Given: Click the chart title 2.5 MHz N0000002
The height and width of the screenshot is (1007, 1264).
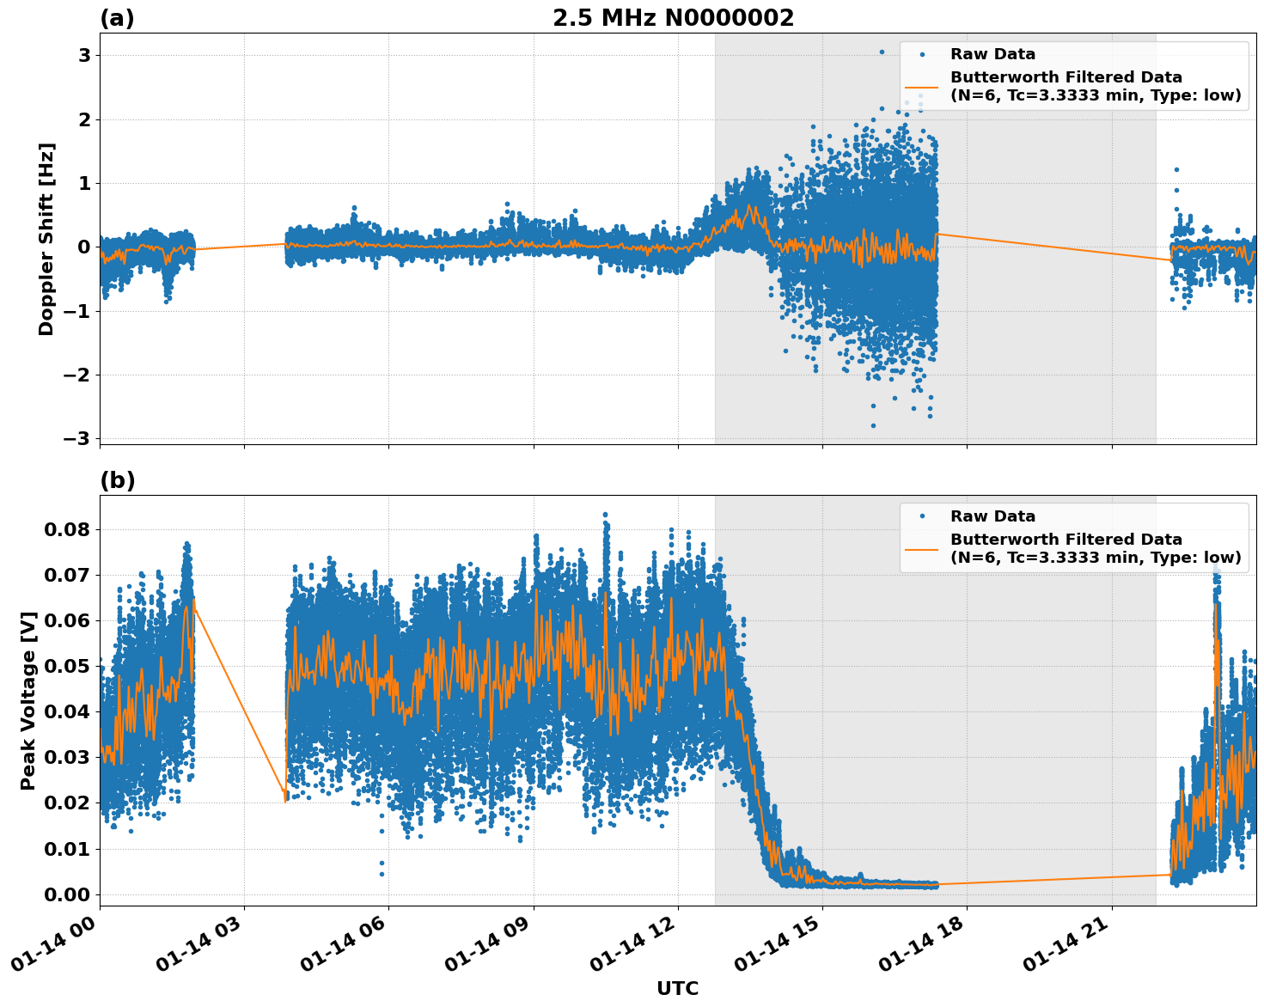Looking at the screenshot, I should [673, 18].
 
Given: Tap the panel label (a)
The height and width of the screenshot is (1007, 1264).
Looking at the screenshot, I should [117, 18].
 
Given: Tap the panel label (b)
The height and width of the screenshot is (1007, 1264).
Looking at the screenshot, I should [118, 480].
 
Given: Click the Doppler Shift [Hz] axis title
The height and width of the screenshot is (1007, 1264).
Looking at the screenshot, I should [46, 239].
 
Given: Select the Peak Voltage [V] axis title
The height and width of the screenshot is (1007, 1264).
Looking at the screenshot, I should [28, 700].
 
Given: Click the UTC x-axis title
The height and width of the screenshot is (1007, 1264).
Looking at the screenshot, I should [677, 988].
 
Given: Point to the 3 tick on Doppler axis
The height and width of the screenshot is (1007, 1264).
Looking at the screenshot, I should [84, 56].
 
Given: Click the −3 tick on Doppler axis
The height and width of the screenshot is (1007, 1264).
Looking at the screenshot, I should [76, 439].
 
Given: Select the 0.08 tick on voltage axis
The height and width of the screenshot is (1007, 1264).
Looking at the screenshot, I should [67, 529].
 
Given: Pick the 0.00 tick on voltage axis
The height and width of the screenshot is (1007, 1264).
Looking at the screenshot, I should [67, 894].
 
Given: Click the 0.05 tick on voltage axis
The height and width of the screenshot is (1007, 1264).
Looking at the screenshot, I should [67, 666].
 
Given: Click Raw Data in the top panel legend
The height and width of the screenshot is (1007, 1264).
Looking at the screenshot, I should [992, 54].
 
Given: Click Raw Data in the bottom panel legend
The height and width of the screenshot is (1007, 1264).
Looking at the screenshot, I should [992, 516].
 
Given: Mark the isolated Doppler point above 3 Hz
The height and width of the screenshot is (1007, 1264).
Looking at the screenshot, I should [881, 52].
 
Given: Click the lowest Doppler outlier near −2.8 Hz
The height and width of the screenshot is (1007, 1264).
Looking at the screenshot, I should [873, 425].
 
